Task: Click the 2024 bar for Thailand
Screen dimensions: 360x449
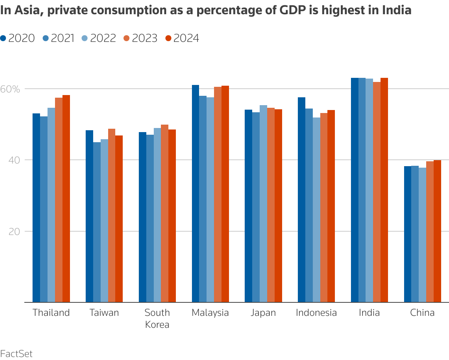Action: coord(66,198)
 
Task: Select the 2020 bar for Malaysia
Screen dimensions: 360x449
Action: coord(195,193)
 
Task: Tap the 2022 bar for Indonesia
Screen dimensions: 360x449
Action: coord(317,210)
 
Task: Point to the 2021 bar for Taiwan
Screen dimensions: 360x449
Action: coord(97,222)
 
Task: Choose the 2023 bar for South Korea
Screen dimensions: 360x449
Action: coord(165,213)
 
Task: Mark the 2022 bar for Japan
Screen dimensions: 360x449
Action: coord(263,204)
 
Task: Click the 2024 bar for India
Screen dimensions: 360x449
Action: coord(384,190)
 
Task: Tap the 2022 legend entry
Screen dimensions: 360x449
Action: coord(99,38)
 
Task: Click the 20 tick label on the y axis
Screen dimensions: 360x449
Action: coord(14,231)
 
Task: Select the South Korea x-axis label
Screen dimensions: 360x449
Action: coord(157,318)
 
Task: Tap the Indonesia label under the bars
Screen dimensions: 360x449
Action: coord(316,313)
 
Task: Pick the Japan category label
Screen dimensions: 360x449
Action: coord(263,313)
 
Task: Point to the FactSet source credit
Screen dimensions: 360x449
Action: coord(16,353)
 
